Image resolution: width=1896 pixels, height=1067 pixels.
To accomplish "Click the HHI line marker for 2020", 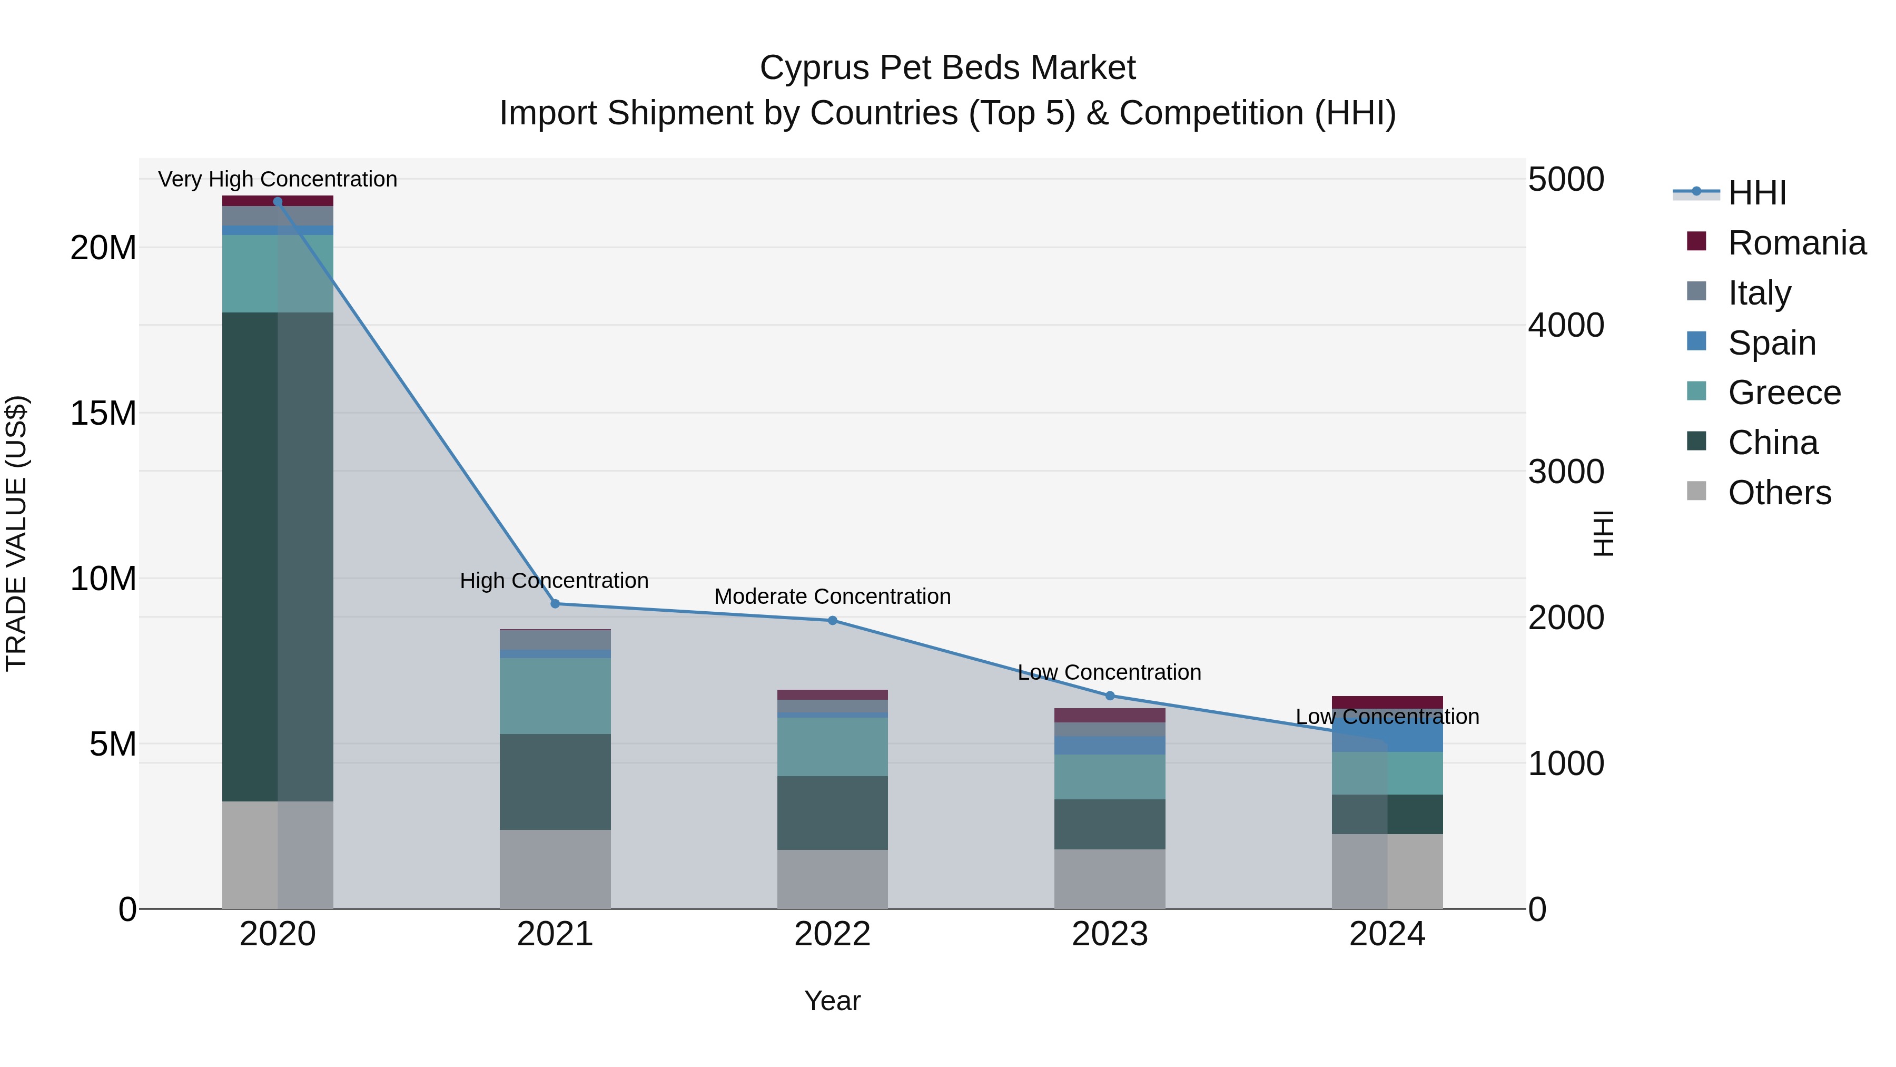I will [x=278, y=202].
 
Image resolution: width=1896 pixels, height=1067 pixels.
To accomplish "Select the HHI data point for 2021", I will [x=555, y=604].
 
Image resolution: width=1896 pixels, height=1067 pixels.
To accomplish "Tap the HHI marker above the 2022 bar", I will [x=833, y=621].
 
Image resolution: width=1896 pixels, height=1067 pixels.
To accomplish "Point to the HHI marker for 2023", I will [x=1110, y=696].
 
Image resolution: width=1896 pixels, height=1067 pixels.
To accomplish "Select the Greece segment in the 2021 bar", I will [x=555, y=696].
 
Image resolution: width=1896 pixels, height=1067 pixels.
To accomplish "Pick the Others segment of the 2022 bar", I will [x=833, y=879].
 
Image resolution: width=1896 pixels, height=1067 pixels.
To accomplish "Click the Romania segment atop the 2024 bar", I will [x=1387, y=702].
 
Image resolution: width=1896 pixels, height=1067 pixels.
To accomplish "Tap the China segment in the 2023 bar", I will [x=1110, y=824].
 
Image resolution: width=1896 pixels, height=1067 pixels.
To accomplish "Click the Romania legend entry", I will [x=1796, y=243].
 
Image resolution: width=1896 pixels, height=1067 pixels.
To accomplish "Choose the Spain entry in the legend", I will [x=1772, y=343].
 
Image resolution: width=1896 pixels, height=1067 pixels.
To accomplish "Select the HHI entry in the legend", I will [x=1757, y=193].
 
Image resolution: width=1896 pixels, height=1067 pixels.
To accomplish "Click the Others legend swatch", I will [x=1696, y=491].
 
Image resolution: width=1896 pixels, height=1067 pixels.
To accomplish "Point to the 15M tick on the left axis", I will [x=103, y=413].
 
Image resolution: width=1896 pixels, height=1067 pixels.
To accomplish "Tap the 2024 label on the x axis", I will [x=1387, y=934].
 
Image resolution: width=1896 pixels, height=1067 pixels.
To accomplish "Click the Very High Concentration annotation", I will [x=278, y=179].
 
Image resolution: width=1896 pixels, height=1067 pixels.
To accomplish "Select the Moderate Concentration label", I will [x=833, y=596].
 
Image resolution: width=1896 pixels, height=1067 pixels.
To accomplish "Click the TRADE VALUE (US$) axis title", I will [x=16, y=533].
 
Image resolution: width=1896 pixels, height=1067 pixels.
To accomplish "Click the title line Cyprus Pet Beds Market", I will [x=947, y=68].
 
